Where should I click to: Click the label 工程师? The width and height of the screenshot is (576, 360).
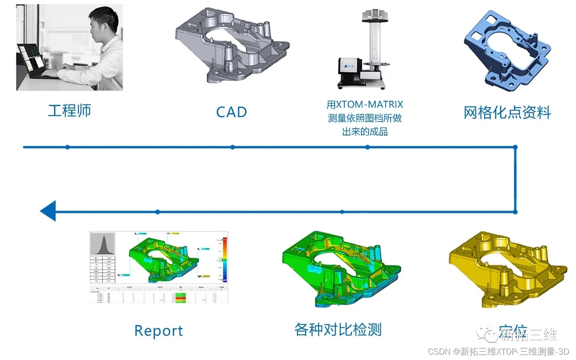[x=69, y=111]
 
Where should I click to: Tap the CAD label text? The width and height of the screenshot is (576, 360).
[x=232, y=112]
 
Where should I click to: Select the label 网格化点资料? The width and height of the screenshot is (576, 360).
[x=507, y=112]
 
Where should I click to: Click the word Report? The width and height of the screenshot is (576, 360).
[x=158, y=331]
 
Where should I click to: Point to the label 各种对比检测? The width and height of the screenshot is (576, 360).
[x=337, y=330]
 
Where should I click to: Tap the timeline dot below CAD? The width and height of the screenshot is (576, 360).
[x=232, y=147]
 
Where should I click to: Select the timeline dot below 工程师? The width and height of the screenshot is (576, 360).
[x=67, y=147]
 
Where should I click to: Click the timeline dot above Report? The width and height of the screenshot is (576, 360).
[x=157, y=211]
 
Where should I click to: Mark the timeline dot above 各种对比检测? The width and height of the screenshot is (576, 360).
[x=342, y=211]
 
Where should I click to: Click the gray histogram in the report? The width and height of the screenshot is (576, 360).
[x=102, y=244]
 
